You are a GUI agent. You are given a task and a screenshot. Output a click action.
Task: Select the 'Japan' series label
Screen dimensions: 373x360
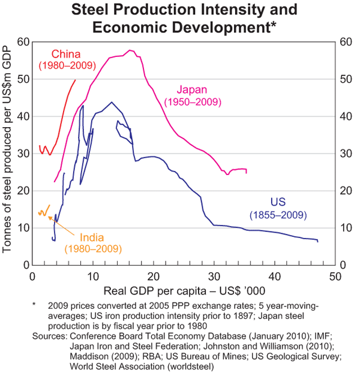193,91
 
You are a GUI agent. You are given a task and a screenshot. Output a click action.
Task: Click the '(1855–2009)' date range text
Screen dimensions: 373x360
277,214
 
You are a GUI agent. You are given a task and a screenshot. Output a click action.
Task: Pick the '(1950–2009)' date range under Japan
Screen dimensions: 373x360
193,102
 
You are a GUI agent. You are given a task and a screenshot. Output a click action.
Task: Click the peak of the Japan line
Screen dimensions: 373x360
130,50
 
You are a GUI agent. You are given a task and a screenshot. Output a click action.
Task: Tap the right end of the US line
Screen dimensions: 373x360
317,241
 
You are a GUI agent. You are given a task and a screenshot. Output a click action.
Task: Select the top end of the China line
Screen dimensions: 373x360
75,80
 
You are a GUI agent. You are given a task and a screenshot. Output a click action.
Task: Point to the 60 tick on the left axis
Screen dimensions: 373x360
23,42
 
